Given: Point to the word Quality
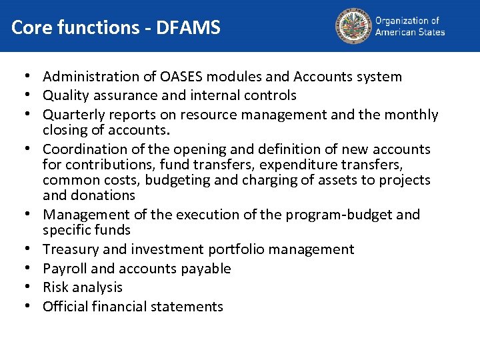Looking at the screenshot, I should click(x=67, y=95).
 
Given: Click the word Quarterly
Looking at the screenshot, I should click(x=75, y=115).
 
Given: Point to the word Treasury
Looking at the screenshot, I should click(x=71, y=249).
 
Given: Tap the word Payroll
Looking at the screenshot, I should click(x=65, y=269).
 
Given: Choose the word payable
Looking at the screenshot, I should click(x=207, y=269).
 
